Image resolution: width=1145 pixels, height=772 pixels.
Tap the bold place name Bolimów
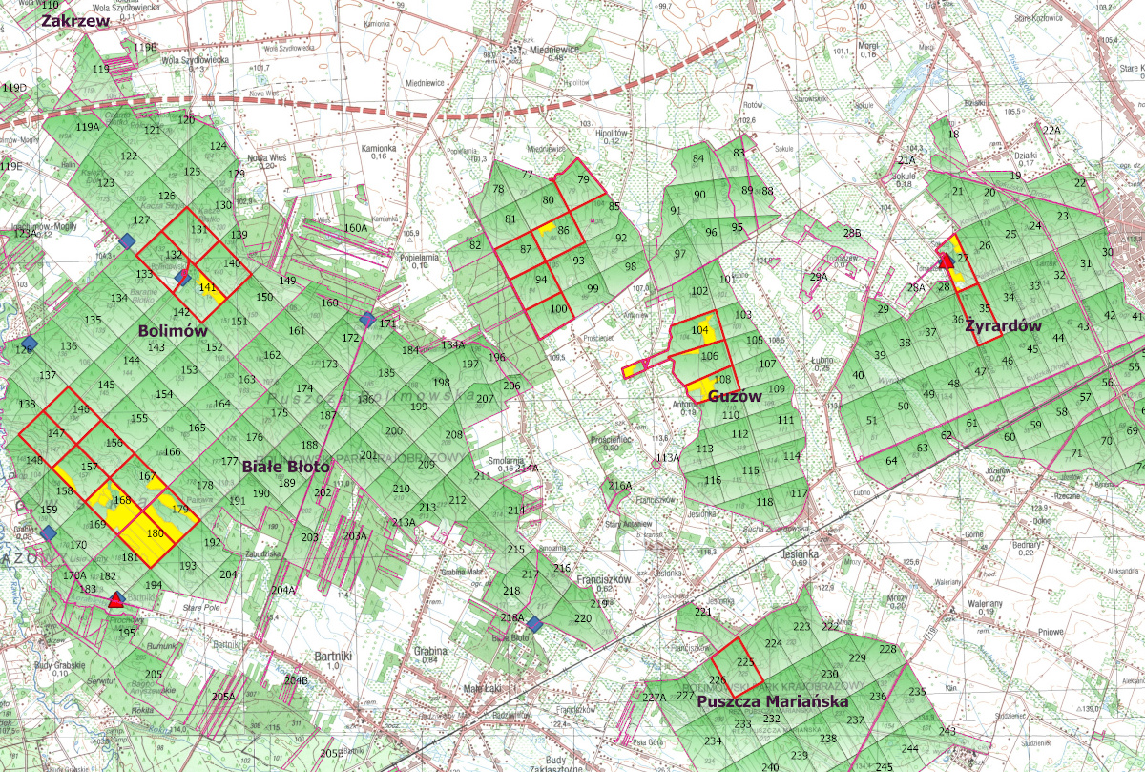point(173,330)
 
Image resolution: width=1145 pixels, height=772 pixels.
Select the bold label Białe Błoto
point(285,468)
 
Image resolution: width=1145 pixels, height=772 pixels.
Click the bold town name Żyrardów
point(1002,324)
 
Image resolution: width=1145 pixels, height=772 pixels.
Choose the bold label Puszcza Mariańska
point(773,701)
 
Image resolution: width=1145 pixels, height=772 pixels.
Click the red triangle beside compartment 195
point(116,600)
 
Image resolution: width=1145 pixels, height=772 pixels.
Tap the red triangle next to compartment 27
point(947,261)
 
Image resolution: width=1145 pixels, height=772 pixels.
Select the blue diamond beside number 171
point(367,319)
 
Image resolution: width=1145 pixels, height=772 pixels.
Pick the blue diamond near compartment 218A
point(534,623)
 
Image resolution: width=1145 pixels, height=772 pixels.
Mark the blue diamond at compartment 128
point(30,344)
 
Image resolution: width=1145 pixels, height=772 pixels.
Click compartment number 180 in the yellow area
point(156,533)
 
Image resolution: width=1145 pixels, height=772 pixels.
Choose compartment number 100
point(558,308)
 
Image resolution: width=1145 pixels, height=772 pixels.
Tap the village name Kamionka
point(378,149)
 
